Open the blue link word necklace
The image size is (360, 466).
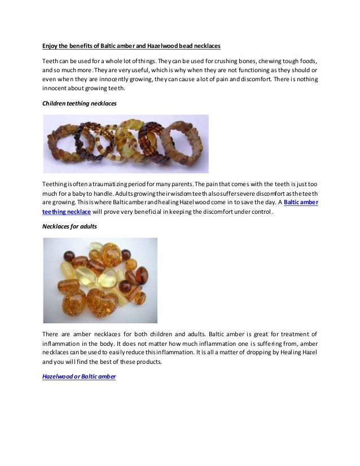pos(78,212)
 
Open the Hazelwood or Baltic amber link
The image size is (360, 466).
pos(79,376)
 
